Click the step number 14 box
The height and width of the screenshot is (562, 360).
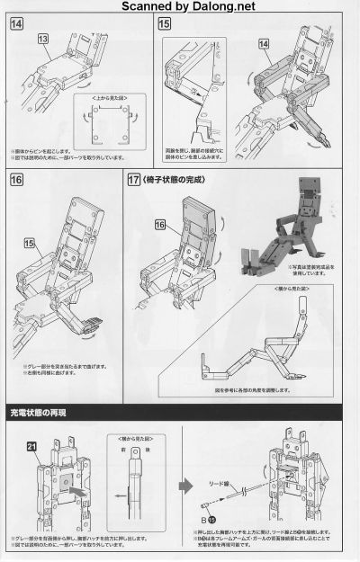tap(18, 24)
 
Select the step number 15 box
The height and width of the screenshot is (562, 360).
tap(164, 24)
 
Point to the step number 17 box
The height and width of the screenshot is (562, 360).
tap(134, 181)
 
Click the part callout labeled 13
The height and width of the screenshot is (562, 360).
tap(42, 39)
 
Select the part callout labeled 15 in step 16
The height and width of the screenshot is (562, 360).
tap(30, 243)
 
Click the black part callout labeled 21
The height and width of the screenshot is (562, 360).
tap(31, 447)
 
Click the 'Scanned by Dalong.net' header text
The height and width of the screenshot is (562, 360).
tap(180, 7)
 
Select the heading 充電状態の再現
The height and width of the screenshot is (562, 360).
tap(44, 414)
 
